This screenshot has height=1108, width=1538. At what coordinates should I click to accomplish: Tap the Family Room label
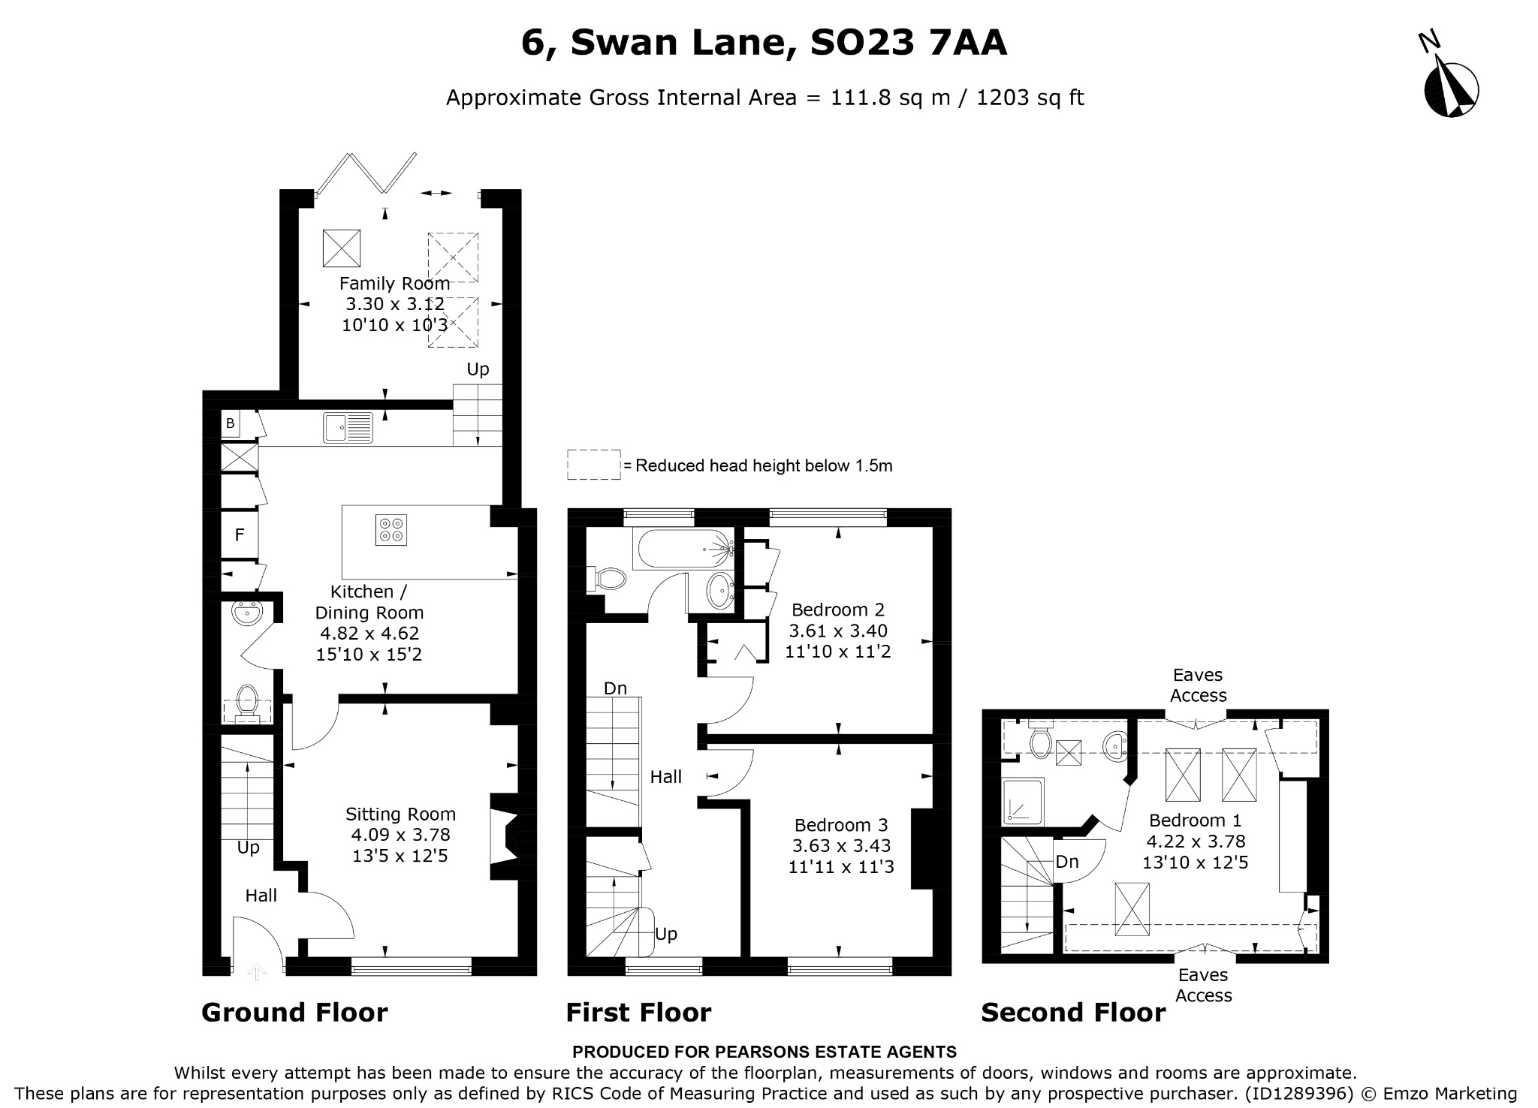pyautogui.click(x=394, y=284)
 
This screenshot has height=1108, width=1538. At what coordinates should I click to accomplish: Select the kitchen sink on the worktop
pyautogui.click(x=348, y=427)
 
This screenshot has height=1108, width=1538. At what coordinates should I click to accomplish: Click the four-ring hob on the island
pyautogui.click(x=391, y=529)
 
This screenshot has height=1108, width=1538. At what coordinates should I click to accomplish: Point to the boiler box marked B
pyautogui.click(x=231, y=423)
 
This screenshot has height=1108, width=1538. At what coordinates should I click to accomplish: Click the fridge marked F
pyautogui.click(x=240, y=534)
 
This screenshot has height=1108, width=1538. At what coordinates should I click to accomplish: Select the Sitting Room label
pyautogui.click(x=400, y=814)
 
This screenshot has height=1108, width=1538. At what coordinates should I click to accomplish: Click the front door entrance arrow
pyautogui.click(x=257, y=972)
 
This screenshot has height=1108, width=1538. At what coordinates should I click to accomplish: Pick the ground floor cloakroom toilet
pyautogui.click(x=246, y=703)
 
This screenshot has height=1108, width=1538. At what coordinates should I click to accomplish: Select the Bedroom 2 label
pyautogui.click(x=838, y=610)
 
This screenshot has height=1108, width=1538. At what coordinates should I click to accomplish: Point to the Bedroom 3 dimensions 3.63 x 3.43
pyautogui.click(x=841, y=846)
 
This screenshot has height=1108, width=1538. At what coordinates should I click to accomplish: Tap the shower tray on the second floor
pyautogui.click(x=1024, y=801)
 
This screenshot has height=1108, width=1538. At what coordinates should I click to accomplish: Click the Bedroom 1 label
pyautogui.click(x=1196, y=820)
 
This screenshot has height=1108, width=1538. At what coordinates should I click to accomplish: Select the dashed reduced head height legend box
pyautogui.click(x=593, y=465)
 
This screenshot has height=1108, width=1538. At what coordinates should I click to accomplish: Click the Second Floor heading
pyautogui.click(x=1073, y=1013)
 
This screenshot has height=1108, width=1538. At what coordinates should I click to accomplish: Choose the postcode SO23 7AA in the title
pyautogui.click(x=909, y=43)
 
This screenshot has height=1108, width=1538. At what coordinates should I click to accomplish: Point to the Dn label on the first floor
pyautogui.click(x=615, y=688)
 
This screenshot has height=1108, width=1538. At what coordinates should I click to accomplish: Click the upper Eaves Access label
pyautogui.click(x=1199, y=685)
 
